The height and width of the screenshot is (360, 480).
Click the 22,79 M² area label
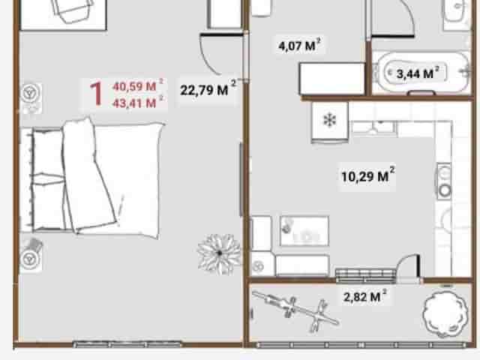click(x=208, y=88)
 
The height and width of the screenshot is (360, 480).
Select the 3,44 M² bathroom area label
click(x=418, y=73)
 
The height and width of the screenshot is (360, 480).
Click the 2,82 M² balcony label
click(x=365, y=295)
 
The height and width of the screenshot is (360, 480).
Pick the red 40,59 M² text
click(x=138, y=85)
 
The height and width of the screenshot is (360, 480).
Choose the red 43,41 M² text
click(x=138, y=102)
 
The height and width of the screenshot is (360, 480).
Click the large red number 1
click(x=96, y=94)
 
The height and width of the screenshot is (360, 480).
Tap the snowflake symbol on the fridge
click(x=330, y=120)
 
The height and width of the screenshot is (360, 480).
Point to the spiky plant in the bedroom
click(x=219, y=253)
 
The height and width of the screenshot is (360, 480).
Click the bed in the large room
click(x=91, y=178)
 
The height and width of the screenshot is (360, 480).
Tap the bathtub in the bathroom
click(x=423, y=73)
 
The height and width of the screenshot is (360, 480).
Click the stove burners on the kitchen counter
click(x=444, y=181)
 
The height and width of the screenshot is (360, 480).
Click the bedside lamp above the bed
click(x=31, y=92)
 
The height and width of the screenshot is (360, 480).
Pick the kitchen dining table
click(x=304, y=231)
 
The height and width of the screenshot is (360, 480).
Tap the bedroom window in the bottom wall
click(x=127, y=344)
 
